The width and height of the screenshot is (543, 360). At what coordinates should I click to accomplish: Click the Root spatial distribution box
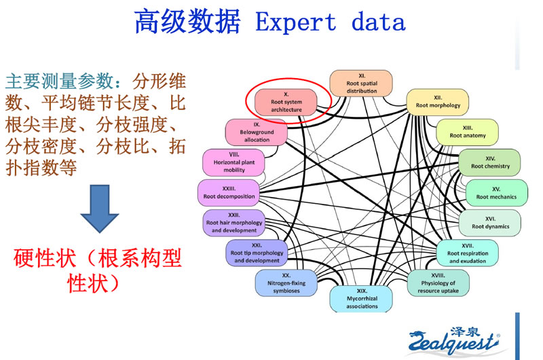pos(362,83)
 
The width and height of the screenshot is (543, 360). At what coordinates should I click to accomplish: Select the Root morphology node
pos(438,101)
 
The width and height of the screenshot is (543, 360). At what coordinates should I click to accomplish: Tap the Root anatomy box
pos(467,131)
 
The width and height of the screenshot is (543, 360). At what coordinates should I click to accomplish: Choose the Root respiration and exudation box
pos(467,253)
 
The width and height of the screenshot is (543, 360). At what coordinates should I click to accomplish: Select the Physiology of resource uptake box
pos(437,283)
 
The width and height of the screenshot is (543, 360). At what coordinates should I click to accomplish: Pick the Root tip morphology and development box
pos(256,253)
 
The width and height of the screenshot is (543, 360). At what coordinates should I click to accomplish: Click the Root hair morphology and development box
pos(233,222)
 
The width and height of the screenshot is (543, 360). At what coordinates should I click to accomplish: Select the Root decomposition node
pos(229,192)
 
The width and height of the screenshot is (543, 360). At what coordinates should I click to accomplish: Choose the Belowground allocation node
pos(257,132)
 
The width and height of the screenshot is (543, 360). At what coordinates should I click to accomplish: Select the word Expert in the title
pos(296,22)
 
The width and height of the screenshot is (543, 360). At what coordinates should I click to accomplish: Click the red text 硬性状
pos(45,259)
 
